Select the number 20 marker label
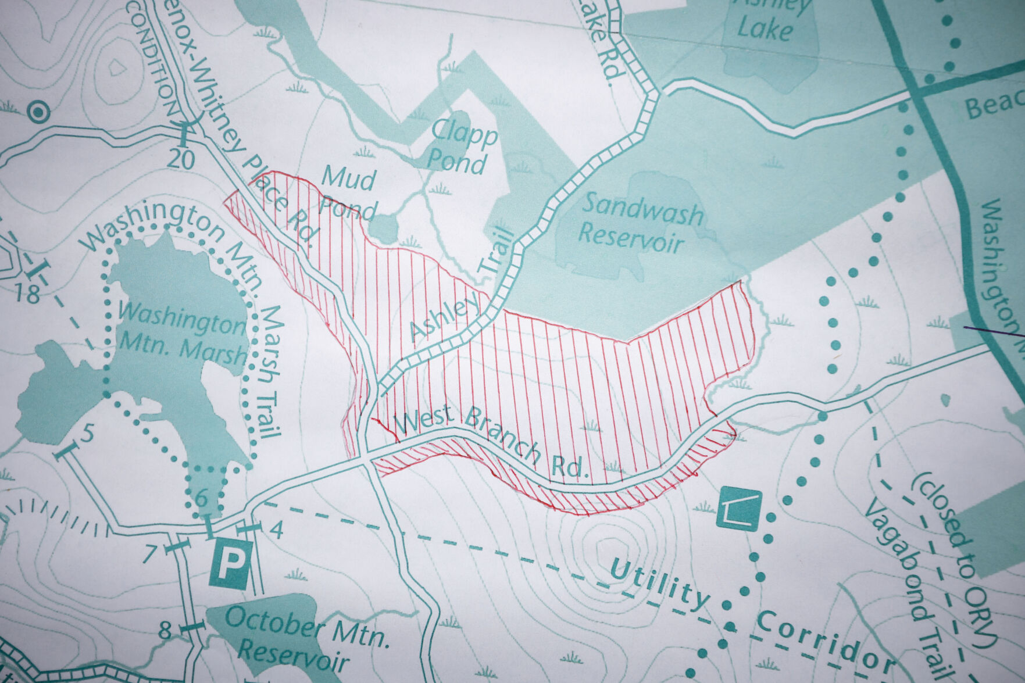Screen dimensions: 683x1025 tap(180, 159)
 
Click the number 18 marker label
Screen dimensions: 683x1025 tap(27, 294)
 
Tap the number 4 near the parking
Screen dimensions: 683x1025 tap(277, 530)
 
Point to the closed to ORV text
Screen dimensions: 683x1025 tap(953, 558)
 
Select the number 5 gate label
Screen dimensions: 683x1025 tap(87, 433)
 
